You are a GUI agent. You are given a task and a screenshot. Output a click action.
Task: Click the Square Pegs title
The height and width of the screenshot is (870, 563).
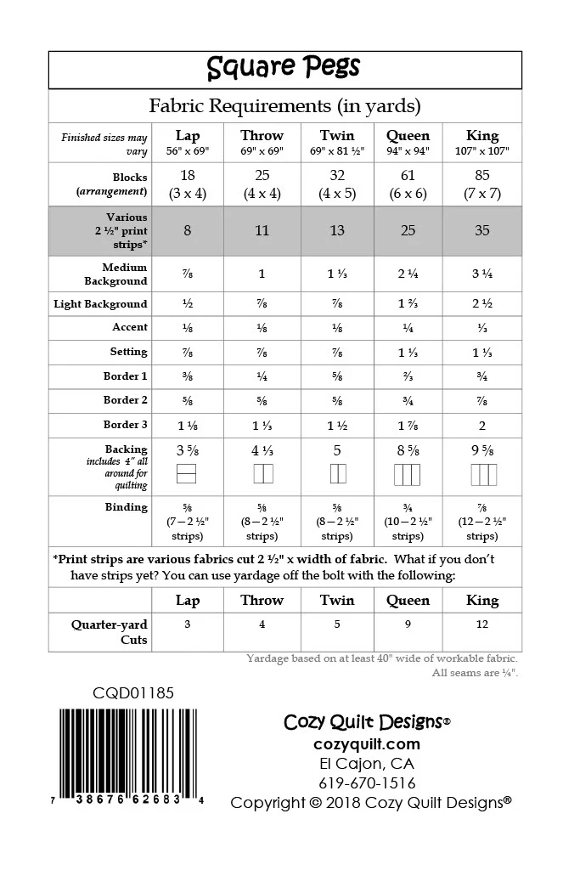[284, 68]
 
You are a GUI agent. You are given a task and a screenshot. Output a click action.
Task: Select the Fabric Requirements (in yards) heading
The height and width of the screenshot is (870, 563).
[284, 106]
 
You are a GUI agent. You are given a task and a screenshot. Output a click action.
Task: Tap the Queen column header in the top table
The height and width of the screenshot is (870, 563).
[408, 136]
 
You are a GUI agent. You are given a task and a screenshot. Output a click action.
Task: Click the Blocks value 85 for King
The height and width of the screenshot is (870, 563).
[482, 177]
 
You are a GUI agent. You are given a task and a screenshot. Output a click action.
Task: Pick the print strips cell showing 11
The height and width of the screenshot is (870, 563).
[262, 230]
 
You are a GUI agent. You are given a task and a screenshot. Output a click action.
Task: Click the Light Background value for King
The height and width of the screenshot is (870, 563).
[482, 304]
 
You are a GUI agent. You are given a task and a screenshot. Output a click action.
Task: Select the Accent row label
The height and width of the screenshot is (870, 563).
[130, 327]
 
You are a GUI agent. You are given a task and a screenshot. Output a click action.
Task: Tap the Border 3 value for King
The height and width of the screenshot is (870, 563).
[482, 426]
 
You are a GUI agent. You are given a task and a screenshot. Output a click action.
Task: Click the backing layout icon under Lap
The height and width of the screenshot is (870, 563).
[187, 474]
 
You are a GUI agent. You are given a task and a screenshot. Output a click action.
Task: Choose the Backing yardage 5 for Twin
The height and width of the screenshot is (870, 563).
[337, 451]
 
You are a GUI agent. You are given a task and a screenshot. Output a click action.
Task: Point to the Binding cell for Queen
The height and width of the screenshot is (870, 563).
[408, 521]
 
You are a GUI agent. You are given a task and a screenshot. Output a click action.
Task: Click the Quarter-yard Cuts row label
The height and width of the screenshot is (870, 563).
[110, 632]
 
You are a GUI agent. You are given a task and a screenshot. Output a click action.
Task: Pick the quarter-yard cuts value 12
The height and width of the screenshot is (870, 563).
[482, 624]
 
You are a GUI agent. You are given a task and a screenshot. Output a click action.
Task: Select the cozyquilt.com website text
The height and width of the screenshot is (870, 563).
[366, 744]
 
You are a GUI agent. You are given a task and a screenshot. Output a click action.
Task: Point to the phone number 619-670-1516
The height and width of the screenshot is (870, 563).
[367, 782]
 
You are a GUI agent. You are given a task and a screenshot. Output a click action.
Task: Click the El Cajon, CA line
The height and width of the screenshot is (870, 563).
[367, 763]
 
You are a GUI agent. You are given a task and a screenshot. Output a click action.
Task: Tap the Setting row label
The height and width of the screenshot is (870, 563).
[128, 352]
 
